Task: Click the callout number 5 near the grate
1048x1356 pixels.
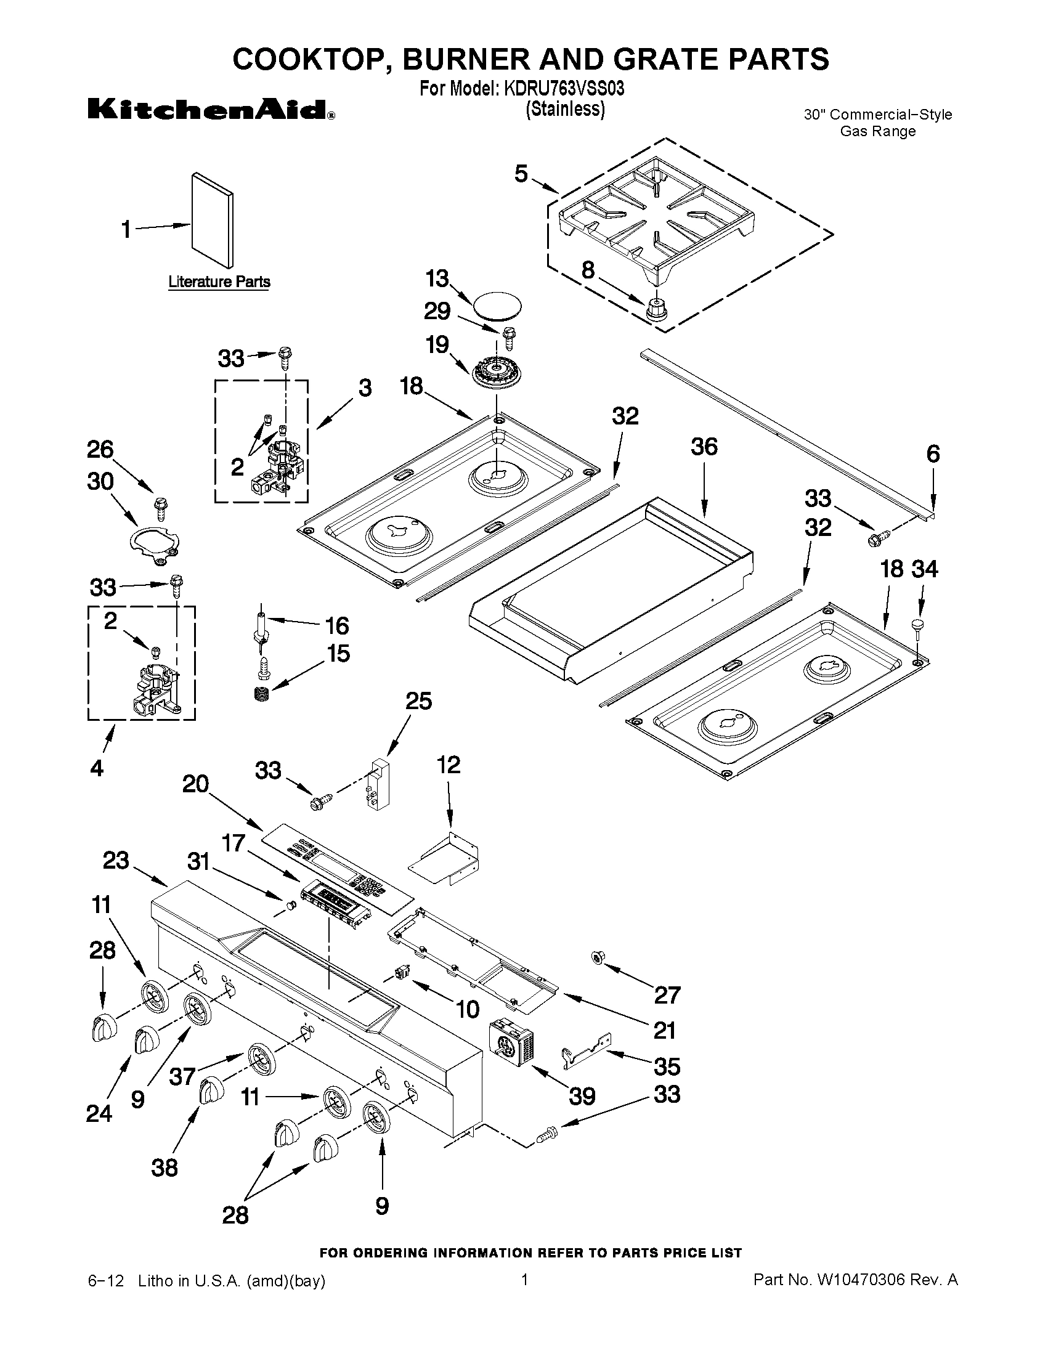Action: coord(521,174)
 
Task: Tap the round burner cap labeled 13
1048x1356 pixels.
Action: coord(497,307)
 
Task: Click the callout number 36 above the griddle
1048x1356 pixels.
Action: coord(704,447)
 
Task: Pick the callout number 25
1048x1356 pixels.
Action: coord(418,701)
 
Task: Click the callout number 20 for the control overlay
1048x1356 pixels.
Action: coord(195,784)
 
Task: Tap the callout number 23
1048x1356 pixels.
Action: coord(115,861)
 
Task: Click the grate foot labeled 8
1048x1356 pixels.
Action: coord(654,309)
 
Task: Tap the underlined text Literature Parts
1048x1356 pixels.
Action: coord(219,282)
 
